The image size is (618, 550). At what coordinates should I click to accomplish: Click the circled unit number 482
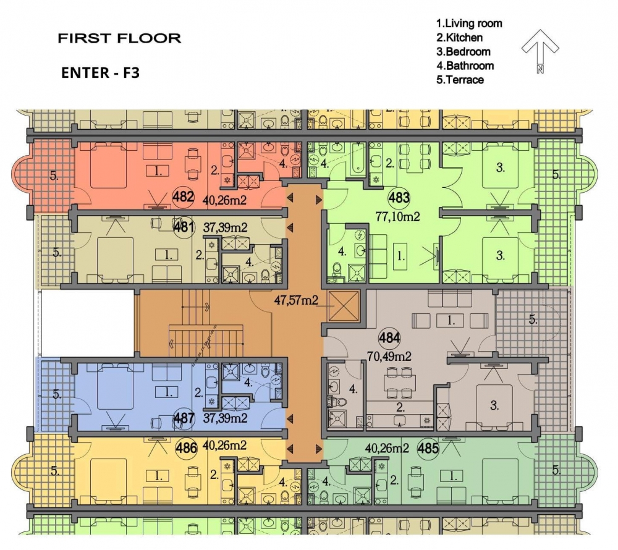point(184,197)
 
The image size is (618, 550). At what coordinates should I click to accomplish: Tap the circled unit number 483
point(399,197)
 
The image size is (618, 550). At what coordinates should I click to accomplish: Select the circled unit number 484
point(389,338)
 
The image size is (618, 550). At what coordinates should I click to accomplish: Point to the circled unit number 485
point(428,448)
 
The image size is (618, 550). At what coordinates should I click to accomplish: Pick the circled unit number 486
point(186,447)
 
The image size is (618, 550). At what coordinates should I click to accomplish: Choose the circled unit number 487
point(184,418)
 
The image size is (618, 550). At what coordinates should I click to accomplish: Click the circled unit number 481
point(184,227)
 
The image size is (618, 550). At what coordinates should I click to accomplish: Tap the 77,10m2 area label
point(397,216)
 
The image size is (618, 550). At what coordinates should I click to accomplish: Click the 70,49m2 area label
point(389,357)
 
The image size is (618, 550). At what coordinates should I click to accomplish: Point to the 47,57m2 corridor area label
point(296,300)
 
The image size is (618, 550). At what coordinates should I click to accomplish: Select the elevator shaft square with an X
point(343,306)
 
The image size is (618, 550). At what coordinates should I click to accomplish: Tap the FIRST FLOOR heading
point(119,38)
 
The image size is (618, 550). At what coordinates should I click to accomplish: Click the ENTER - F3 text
point(101,73)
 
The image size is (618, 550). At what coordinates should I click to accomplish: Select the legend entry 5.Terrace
point(460,80)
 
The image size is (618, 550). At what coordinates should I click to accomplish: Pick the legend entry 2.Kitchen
point(459,38)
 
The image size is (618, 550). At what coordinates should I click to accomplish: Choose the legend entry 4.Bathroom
point(465,66)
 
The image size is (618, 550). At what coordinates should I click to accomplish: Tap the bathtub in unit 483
point(357,158)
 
